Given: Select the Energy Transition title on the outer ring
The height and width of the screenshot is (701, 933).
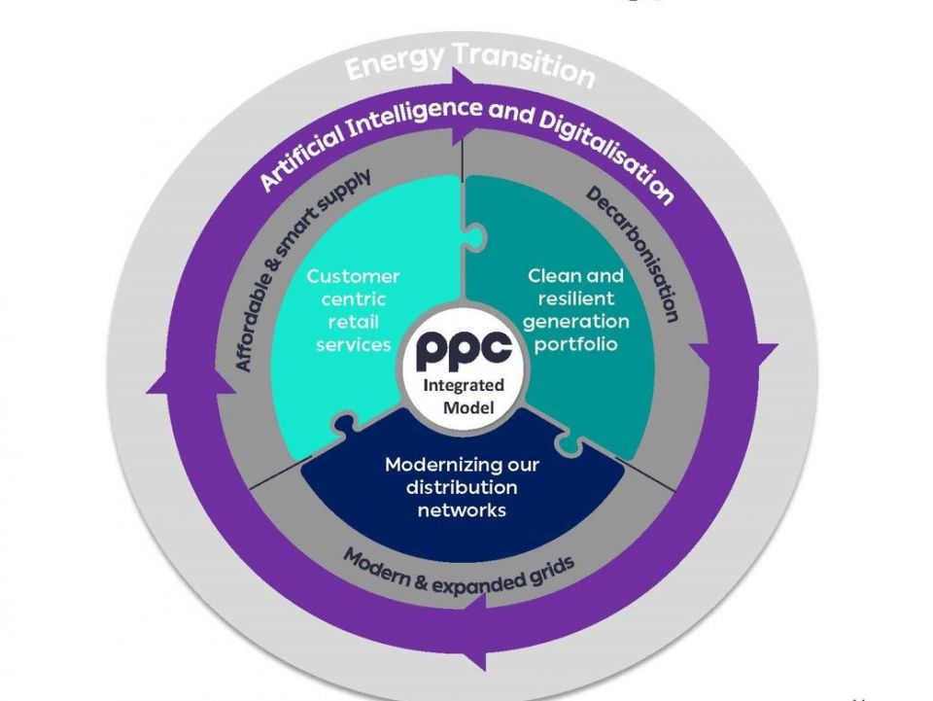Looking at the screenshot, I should coord(469,67).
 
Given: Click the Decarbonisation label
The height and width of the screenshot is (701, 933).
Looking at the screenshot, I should coord(634,255).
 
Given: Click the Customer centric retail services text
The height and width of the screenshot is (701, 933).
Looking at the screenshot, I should coord(353,310).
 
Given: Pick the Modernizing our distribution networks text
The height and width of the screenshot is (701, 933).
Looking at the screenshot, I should coord(462,486).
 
